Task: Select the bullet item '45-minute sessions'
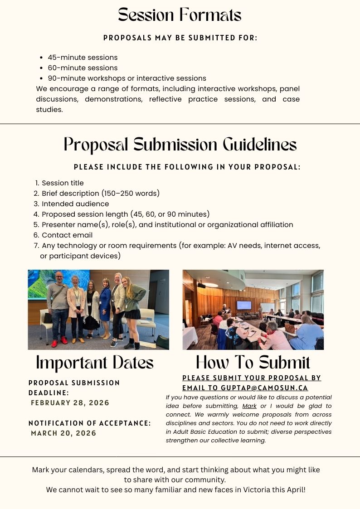tap(83, 58)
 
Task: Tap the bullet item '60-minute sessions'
tap(83, 68)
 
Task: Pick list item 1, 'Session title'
tap(63, 183)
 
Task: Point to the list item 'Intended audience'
tap(75, 204)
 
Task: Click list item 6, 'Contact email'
tap(67, 235)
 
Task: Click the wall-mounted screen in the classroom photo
tap(244, 305)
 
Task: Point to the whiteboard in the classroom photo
tap(267, 308)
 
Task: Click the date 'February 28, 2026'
tap(70, 403)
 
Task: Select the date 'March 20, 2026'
tap(64, 433)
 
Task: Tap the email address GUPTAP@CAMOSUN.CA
tap(264, 388)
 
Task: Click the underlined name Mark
tap(249, 406)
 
